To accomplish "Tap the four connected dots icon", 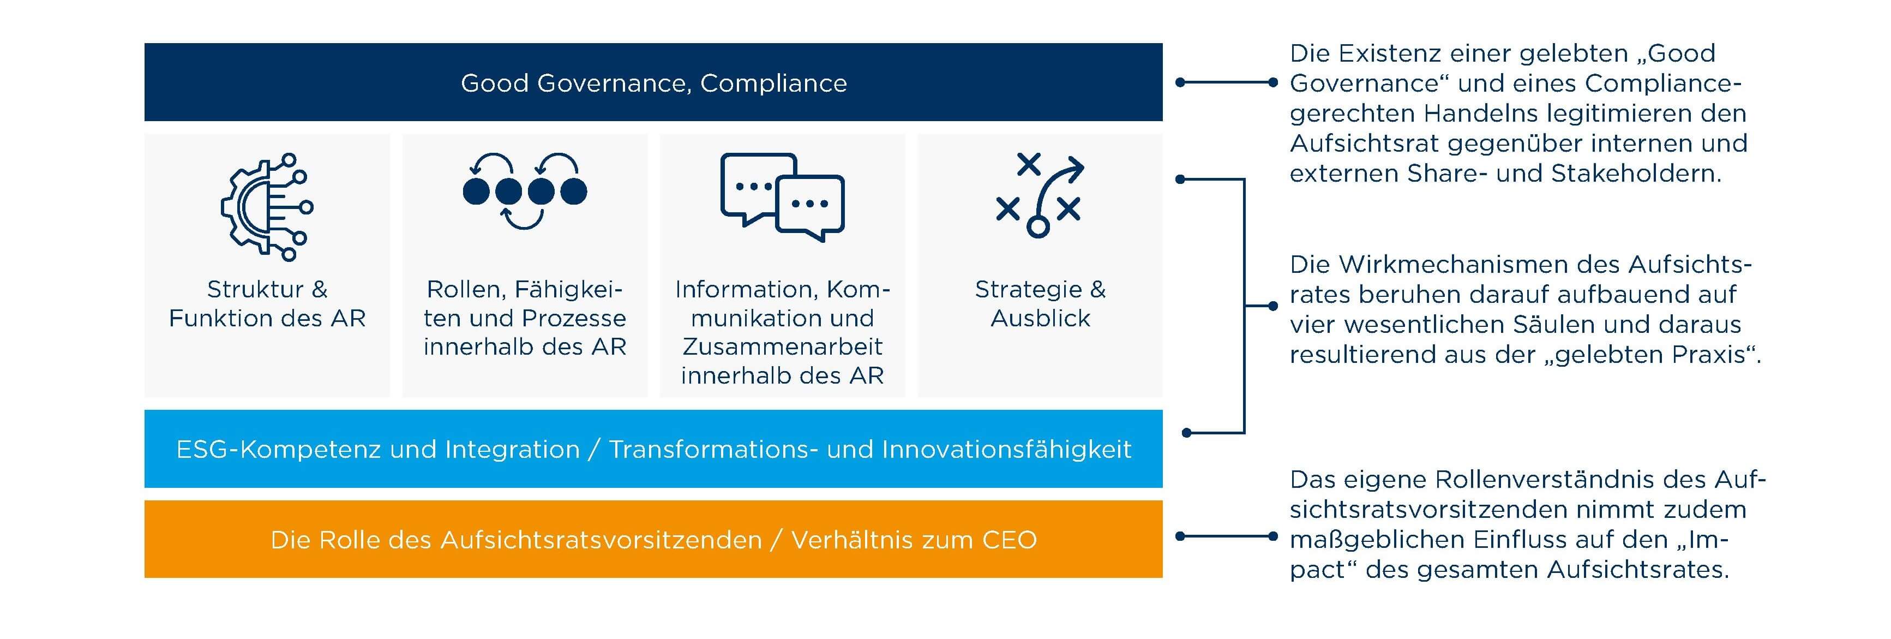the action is click(x=525, y=191).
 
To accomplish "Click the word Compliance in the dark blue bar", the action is click(x=774, y=83).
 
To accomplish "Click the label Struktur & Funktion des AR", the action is click(x=267, y=303).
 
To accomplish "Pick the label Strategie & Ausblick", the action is click(x=1040, y=303).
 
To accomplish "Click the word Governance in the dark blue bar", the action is click(x=613, y=83).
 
